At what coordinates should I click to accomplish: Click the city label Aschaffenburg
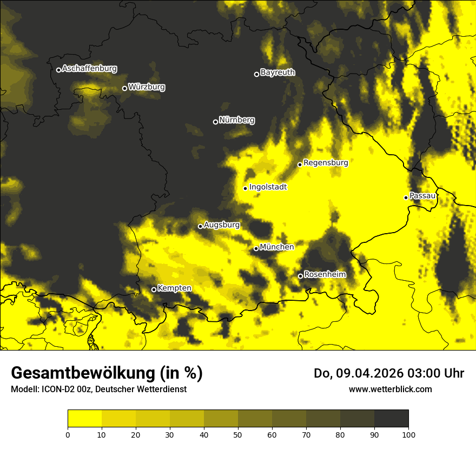tap(89, 69)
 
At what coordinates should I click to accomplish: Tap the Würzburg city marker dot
tap(124, 88)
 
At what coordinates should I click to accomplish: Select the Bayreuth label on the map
tap(277, 72)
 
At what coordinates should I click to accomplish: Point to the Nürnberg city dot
tap(215, 122)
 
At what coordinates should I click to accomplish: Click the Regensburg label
tap(326, 162)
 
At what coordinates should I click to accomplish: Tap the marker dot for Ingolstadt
tap(245, 188)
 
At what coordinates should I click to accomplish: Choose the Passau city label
tap(422, 195)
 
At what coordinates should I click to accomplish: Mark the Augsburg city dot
tap(200, 226)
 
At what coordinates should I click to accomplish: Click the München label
tap(277, 247)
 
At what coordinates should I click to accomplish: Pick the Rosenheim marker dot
tap(300, 276)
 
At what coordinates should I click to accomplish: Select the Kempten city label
tap(174, 288)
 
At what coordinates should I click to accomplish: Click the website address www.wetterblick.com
tap(390, 389)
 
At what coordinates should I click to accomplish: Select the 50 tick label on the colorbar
tap(238, 434)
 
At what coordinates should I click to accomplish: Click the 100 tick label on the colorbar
tap(408, 434)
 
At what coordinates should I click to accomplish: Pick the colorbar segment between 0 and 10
tap(84, 419)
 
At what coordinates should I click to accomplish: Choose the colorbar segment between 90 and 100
tap(391, 419)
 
